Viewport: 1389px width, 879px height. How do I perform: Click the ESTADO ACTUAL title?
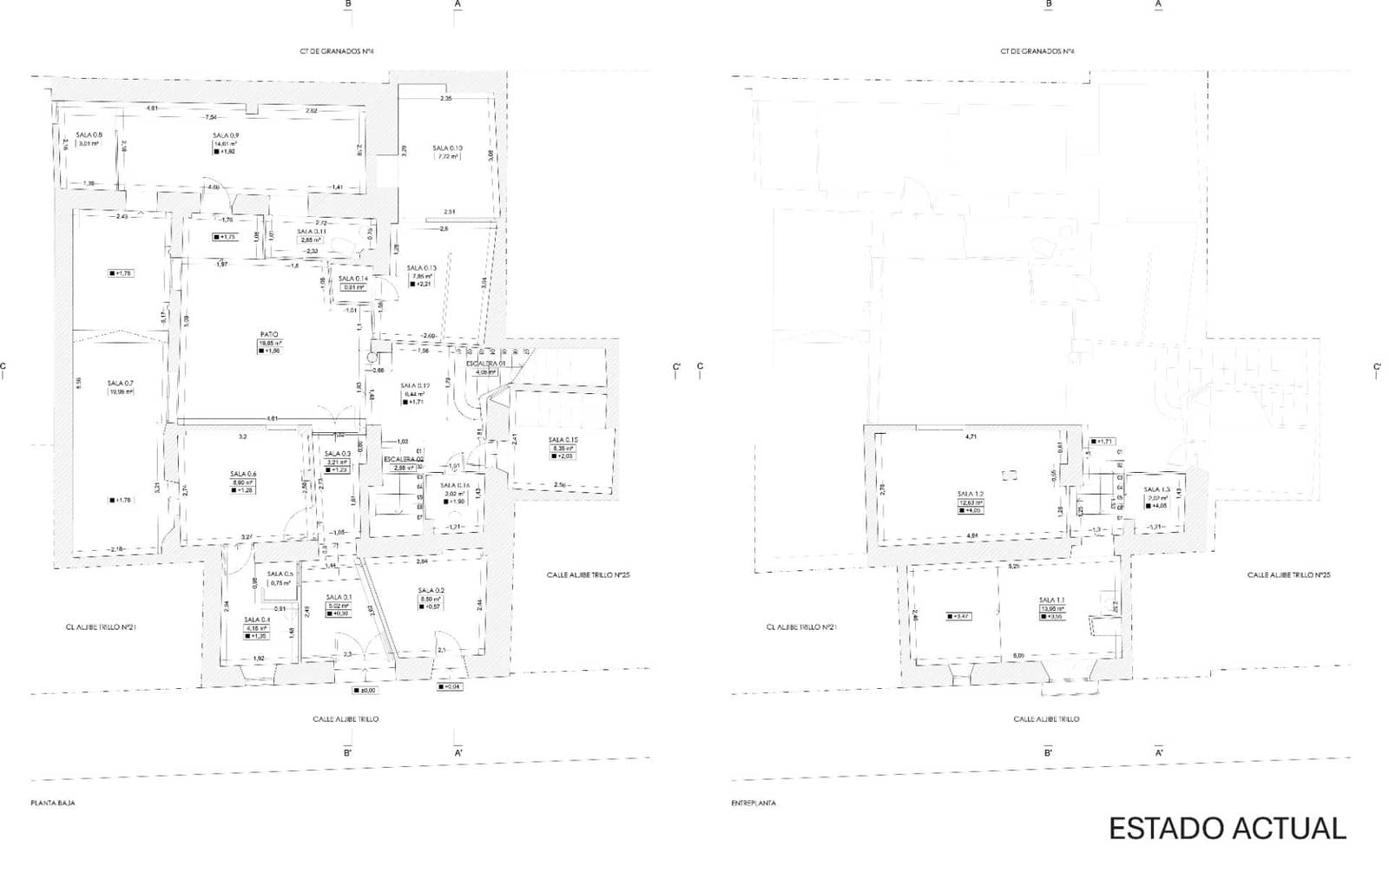pyautogui.click(x=1227, y=829)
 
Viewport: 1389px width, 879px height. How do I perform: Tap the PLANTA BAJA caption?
pyautogui.click(x=53, y=804)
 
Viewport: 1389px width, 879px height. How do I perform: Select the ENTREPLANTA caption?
pyautogui.click(x=754, y=804)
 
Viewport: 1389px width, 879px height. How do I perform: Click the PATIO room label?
pyautogui.click(x=269, y=334)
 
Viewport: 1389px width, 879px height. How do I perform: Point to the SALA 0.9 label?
pyautogui.click(x=226, y=135)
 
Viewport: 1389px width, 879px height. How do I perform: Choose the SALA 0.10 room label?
pyautogui.click(x=447, y=148)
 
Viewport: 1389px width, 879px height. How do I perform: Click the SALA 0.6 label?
pyautogui.click(x=243, y=474)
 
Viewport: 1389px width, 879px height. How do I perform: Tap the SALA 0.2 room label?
pyautogui.click(x=431, y=590)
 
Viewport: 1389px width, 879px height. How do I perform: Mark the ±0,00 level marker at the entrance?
pyautogui.click(x=365, y=691)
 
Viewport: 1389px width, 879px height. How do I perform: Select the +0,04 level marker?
pyautogui.click(x=450, y=686)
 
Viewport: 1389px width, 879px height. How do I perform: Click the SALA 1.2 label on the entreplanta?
pyautogui.click(x=971, y=494)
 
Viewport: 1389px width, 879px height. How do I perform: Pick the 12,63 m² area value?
pyautogui.click(x=971, y=502)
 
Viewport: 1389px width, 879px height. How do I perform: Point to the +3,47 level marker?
pyautogui.click(x=958, y=616)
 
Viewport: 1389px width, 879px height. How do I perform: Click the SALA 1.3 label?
pyautogui.click(x=1156, y=489)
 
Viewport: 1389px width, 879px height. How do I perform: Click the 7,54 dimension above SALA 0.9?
pyautogui.click(x=210, y=117)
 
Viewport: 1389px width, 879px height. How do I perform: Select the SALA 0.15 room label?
pyautogui.click(x=563, y=440)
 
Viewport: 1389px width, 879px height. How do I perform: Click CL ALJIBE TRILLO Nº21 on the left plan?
pyautogui.click(x=99, y=626)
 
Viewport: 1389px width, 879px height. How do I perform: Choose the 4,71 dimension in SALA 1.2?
pyautogui.click(x=971, y=436)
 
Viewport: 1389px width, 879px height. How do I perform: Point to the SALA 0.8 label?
pyautogui.click(x=89, y=135)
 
